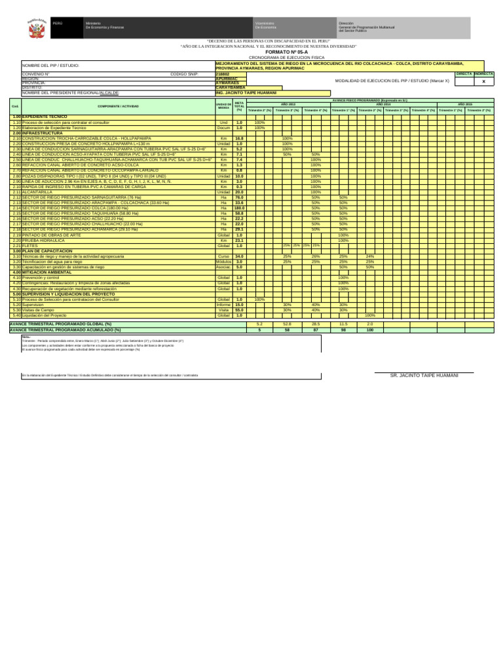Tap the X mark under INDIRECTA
[483, 82]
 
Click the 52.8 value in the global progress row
[287, 324]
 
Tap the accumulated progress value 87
[316, 330]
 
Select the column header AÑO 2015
[465, 104]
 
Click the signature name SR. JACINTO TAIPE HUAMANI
[424, 375]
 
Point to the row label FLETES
[30, 246]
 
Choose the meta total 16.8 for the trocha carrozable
[239, 139]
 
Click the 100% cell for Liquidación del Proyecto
[370, 315]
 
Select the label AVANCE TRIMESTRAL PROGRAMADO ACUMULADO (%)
[60, 330]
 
